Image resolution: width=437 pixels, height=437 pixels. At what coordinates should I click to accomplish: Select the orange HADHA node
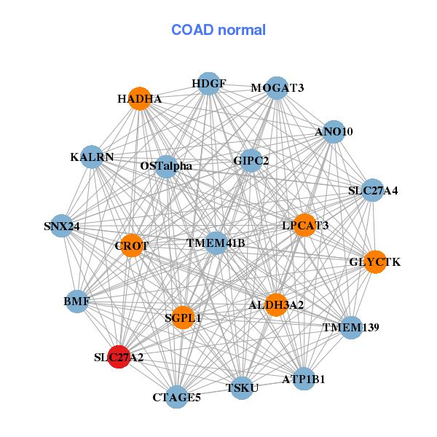coord(140,98)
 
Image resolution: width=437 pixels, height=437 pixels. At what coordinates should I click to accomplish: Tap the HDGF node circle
coord(208,83)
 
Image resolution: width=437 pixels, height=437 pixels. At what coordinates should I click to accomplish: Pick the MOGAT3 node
coord(277,88)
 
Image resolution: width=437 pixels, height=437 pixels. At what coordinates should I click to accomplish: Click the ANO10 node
coord(334,132)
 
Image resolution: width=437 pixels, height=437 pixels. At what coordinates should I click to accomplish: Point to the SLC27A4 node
coord(372,191)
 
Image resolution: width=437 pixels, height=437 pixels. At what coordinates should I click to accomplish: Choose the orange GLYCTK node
coord(375,261)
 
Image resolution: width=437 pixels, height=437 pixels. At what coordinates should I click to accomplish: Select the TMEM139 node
coord(351,328)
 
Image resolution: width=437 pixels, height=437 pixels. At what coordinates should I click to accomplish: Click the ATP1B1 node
coord(304,379)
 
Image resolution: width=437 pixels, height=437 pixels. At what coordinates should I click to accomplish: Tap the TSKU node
coord(242,387)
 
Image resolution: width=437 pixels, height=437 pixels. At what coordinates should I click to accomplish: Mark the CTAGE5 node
coord(177,397)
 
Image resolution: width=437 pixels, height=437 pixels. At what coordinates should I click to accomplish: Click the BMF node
coord(77,301)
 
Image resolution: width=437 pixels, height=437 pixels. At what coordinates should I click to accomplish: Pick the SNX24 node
coord(62,227)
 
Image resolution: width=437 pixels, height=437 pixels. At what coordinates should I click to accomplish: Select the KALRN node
coord(92,157)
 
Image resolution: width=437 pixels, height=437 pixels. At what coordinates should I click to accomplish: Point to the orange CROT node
coord(132,246)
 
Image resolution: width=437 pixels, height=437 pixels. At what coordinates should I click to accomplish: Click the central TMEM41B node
coord(216,243)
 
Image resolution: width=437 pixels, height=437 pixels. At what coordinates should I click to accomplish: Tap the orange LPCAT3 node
coord(305,226)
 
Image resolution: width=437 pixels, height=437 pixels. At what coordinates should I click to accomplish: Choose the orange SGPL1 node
coord(183,318)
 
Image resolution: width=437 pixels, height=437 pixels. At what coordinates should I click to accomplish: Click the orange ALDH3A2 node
coord(276,304)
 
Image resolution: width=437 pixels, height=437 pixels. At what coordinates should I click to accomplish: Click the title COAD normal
coord(218,30)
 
